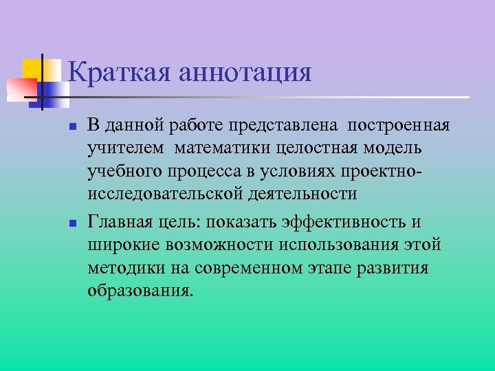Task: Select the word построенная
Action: [x=399, y=126]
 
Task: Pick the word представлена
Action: [x=292, y=126]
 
